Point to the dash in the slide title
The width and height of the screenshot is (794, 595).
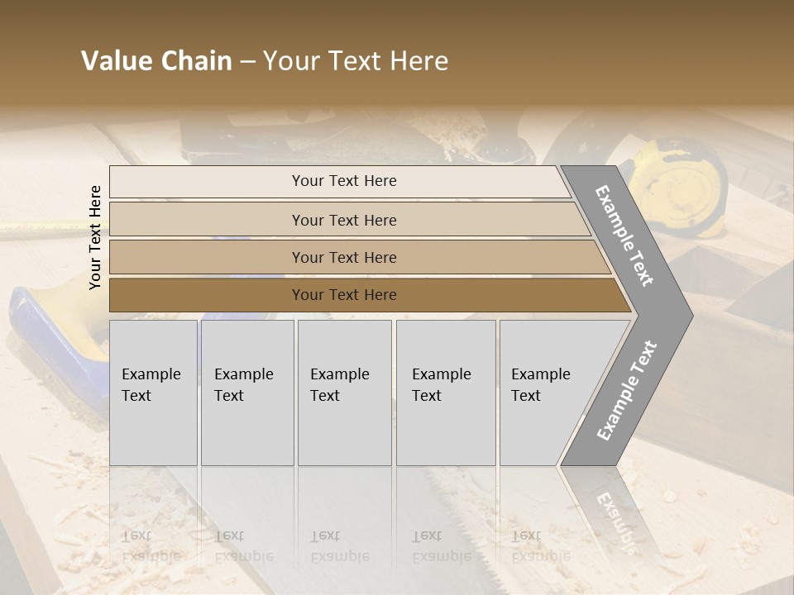[x=247, y=62]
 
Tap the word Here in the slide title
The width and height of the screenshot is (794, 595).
[x=419, y=61]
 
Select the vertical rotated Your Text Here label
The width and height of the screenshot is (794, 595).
[x=95, y=237]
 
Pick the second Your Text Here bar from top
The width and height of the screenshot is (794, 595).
[x=343, y=220]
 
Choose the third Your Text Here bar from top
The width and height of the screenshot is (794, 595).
[x=343, y=257]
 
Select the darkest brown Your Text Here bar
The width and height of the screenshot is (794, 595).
[x=343, y=295]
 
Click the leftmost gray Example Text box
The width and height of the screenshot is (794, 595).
[x=153, y=393]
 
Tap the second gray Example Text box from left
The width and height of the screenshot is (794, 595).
[x=247, y=393]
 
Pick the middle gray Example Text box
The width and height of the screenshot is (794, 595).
[x=344, y=393]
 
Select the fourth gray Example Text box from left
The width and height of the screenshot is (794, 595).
[x=446, y=393]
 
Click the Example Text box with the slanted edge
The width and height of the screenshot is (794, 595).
[x=546, y=393]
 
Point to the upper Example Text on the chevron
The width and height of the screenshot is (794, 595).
[x=624, y=236]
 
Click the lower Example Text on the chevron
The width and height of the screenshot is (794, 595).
[x=626, y=391]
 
